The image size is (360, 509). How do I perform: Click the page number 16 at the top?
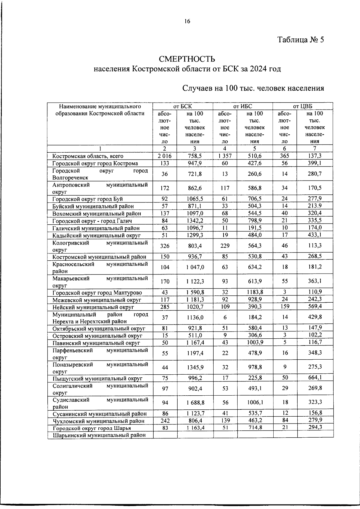click(187, 21)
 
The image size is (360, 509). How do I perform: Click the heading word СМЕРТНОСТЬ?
click(187, 58)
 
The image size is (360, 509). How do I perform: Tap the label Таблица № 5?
click(301, 40)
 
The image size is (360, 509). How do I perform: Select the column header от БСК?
click(183, 106)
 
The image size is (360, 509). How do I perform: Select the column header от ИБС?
click(243, 106)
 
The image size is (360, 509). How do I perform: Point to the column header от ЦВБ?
click(303, 106)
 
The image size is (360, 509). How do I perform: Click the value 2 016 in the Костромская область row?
click(165, 156)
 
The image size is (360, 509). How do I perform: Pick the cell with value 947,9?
click(195, 163)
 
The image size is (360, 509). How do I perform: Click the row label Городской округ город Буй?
click(87, 199)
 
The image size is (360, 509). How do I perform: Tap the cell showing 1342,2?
click(195, 221)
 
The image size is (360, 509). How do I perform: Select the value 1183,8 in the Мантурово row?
click(255, 292)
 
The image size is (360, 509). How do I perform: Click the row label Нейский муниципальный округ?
click(93, 307)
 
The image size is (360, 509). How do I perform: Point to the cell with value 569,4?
click(315, 306)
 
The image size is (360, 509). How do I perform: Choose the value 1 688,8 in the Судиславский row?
click(195, 403)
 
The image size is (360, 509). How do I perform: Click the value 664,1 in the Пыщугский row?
click(315, 378)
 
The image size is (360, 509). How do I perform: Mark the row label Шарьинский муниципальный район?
click(99, 435)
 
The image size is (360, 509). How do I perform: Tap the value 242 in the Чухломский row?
click(165, 421)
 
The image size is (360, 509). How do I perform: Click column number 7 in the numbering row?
click(315, 148)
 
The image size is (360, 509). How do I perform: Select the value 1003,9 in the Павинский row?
click(255, 343)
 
